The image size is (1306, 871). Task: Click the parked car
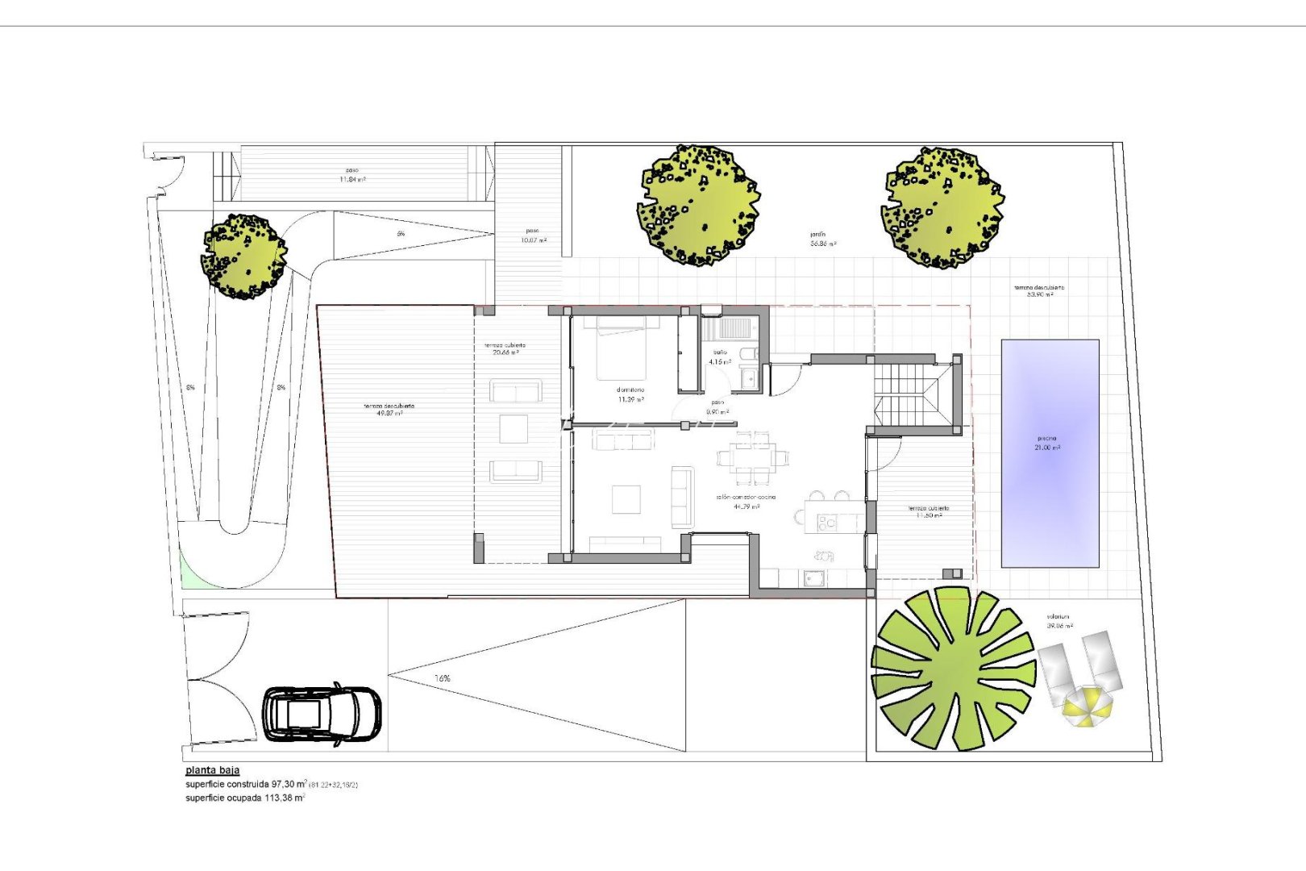point(322,713)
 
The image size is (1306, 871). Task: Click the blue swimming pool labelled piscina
point(1050,452)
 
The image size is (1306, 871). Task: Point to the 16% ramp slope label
point(443,678)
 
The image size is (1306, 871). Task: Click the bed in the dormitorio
point(622,348)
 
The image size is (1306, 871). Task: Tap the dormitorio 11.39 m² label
point(630,394)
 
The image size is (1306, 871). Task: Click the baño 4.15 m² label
point(719,357)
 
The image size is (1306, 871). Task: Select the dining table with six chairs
point(754,458)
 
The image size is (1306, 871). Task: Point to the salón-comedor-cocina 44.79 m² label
point(746,502)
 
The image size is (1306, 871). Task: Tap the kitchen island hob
point(828,523)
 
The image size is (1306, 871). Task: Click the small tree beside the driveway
point(243,256)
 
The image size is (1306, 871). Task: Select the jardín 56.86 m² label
point(822,239)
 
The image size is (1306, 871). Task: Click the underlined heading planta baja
point(212,770)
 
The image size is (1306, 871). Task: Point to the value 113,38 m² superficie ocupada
point(285,798)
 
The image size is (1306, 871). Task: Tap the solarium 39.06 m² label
point(1059,621)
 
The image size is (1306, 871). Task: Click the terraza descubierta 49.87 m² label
point(389,410)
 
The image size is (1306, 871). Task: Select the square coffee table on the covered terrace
point(514,429)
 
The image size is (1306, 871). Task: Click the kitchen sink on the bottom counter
point(813,577)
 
